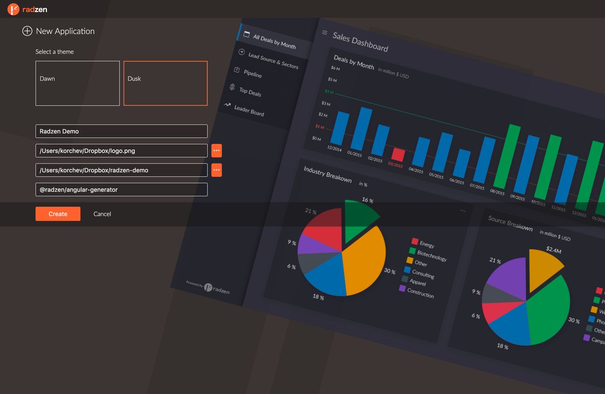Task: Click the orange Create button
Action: (57, 214)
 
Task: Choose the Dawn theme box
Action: (77, 83)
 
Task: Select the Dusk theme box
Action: (165, 83)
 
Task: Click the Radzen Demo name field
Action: (121, 131)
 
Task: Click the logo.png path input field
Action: (121, 151)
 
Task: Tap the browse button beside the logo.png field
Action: (216, 151)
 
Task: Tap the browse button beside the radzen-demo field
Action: (216, 170)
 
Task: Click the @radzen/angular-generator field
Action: (121, 189)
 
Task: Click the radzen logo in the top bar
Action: (27, 9)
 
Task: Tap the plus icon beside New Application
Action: (27, 31)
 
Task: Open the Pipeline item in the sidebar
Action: (252, 73)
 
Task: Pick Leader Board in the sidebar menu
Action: (249, 110)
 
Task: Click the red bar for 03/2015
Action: (398, 154)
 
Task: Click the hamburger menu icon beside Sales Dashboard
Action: (325, 33)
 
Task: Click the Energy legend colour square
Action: (415, 241)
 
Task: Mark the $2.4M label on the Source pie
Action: (554, 249)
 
